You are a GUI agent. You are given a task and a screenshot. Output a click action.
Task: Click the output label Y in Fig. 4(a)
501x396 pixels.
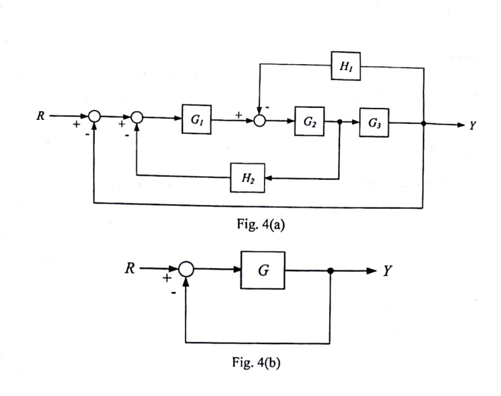tap(472, 125)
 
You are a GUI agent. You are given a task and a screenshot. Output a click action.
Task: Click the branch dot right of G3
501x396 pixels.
tap(424, 124)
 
